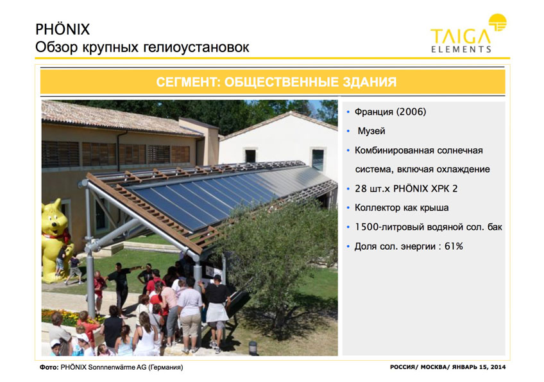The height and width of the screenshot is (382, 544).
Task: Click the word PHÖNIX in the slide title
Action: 62,29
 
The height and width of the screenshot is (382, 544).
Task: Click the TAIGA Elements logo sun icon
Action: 498,22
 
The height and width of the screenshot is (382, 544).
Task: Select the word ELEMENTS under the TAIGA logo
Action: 461,49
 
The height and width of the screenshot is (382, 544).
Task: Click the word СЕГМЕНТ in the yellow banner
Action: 188,82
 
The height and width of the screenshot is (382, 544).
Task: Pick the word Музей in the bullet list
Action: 371,131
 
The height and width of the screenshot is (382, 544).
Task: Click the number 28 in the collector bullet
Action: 361,189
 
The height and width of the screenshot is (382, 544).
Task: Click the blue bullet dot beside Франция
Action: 348,112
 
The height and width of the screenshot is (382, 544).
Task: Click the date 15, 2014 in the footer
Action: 492,367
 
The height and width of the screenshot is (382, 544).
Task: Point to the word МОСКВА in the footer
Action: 434,367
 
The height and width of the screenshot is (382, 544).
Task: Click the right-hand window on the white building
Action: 318,159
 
